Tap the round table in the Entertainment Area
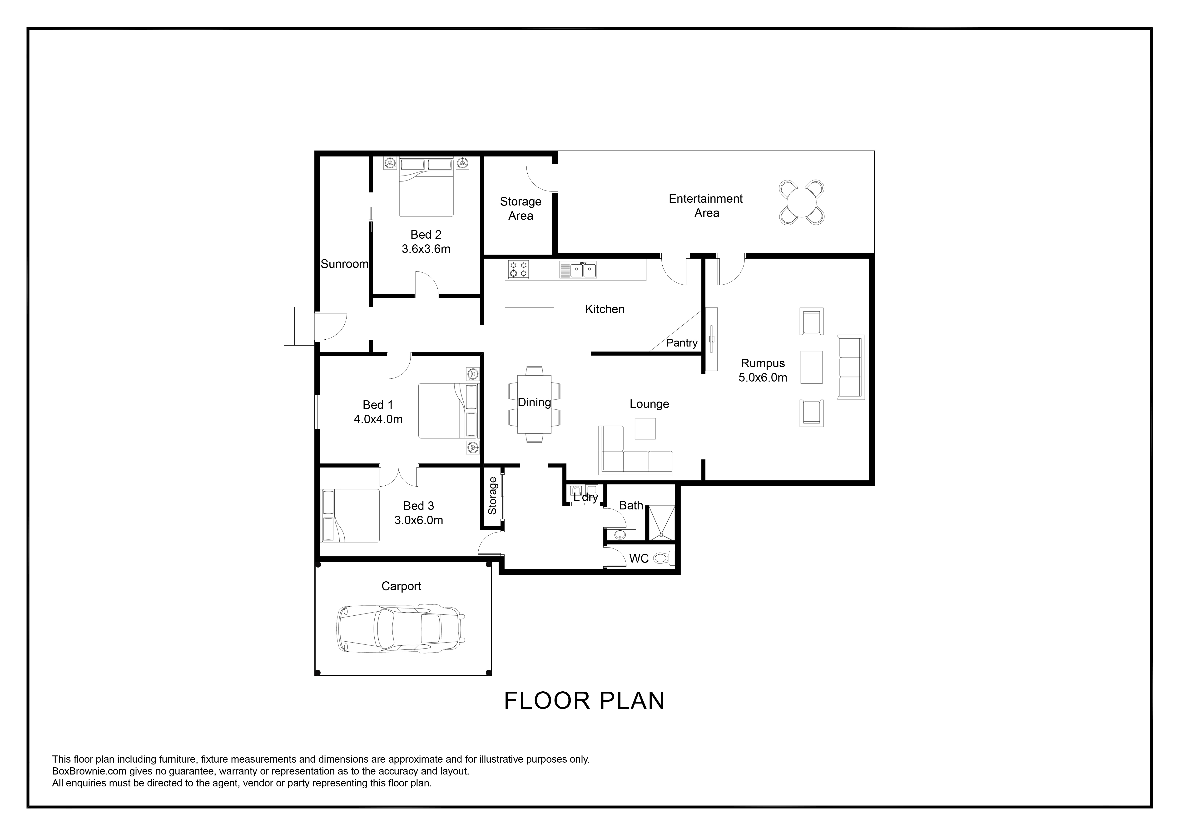[802, 202]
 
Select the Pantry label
[681, 343]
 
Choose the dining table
[535, 404]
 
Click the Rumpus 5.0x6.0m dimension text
[763, 378]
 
